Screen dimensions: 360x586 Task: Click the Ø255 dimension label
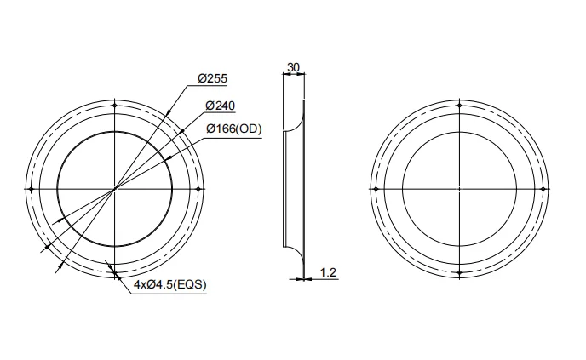(x=212, y=78)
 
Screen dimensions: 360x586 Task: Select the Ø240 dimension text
(x=220, y=105)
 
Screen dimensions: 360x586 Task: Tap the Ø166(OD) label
(x=233, y=129)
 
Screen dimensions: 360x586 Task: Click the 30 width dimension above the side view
(x=293, y=66)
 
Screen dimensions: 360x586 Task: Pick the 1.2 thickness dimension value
(x=329, y=272)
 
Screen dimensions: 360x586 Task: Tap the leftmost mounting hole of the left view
(x=31, y=188)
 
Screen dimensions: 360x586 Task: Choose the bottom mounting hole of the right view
(x=459, y=272)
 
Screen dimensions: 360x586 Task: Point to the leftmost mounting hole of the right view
(x=375, y=188)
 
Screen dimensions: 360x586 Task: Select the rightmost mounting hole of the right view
(x=543, y=188)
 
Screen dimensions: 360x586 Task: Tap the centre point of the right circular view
(x=459, y=188)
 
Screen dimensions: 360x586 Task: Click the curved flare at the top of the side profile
(x=295, y=119)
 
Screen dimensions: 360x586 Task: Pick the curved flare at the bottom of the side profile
(x=295, y=255)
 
